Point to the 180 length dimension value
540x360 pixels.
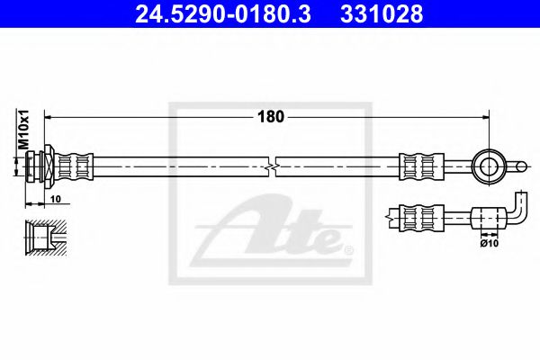(x=271, y=116)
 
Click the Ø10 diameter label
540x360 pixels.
(x=490, y=242)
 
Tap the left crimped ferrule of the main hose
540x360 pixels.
(x=76, y=166)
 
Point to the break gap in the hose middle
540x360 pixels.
(x=273, y=166)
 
